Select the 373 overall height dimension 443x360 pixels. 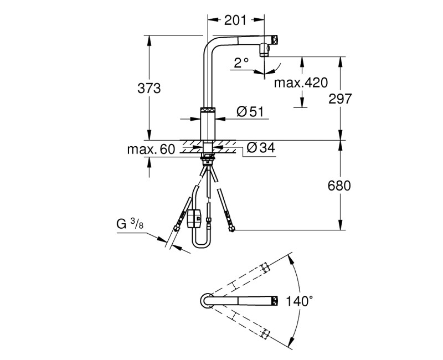(149, 88)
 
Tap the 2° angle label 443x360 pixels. (241, 63)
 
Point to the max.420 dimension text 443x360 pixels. (301, 83)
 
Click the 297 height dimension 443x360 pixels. (340, 98)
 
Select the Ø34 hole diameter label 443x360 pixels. (260, 148)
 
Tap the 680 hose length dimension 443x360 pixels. (339, 186)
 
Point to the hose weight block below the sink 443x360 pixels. (194, 218)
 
